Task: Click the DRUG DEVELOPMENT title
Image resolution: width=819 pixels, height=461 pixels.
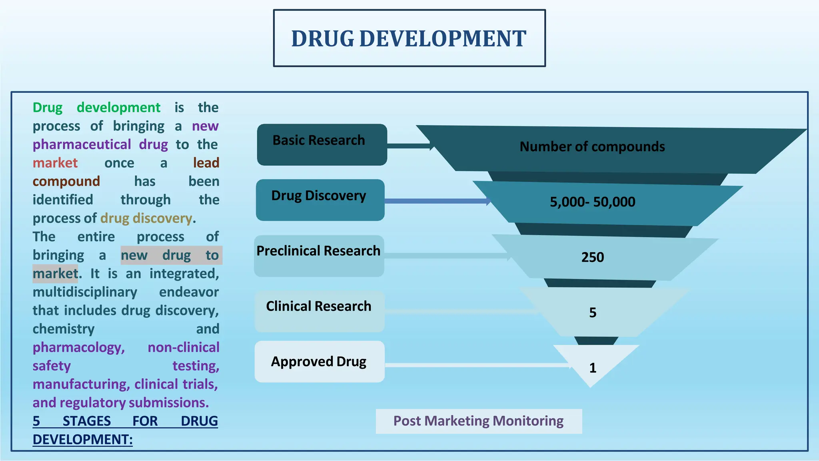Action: click(x=409, y=39)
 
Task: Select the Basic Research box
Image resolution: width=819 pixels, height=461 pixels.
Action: click(x=322, y=144)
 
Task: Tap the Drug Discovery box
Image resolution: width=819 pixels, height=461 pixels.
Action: click(x=320, y=200)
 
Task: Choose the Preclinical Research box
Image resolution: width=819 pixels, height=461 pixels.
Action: click(x=319, y=256)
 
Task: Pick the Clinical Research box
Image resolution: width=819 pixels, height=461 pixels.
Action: click(x=319, y=311)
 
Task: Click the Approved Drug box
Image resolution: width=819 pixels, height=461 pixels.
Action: click(x=319, y=361)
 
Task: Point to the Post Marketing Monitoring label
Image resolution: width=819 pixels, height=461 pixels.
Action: click(x=478, y=421)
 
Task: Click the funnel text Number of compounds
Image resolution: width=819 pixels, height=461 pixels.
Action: click(x=592, y=147)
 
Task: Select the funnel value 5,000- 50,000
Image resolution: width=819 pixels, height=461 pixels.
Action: click(x=592, y=202)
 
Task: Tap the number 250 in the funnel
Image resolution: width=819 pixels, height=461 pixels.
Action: click(x=592, y=257)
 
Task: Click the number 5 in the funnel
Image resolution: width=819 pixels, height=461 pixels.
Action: click(x=593, y=313)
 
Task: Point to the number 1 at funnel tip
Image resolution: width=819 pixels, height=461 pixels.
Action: click(x=593, y=368)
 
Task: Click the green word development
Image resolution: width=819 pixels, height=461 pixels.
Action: click(x=118, y=108)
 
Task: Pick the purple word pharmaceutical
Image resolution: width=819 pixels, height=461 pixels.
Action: click(x=82, y=144)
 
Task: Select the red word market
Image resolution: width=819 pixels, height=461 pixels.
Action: click(x=55, y=163)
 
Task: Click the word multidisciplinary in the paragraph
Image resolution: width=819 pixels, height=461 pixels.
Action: click(x=85, y=292)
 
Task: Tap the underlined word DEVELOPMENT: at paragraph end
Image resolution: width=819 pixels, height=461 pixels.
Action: click(x=82, y=439)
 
